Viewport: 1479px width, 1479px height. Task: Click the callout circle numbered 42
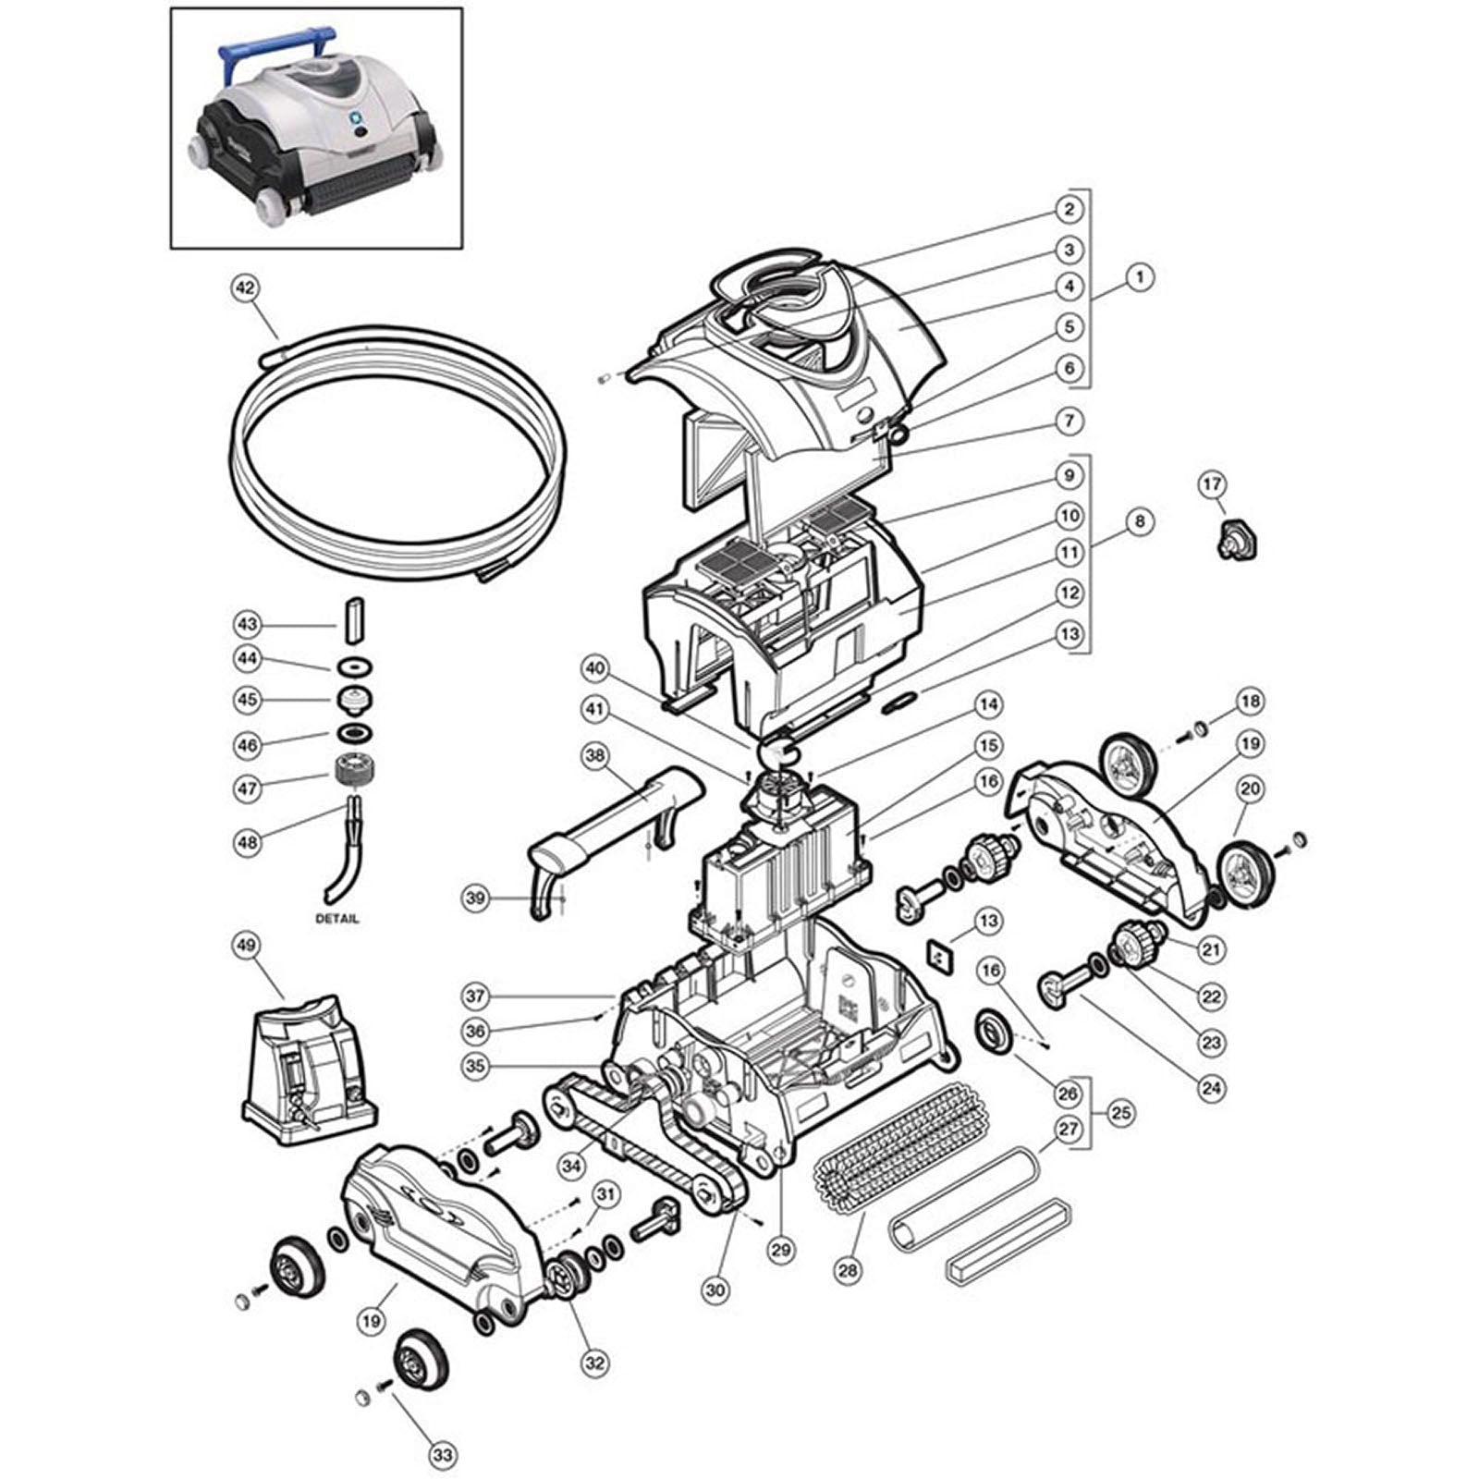coord(244,288)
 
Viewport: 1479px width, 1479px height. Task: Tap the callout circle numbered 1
coord(1141,276)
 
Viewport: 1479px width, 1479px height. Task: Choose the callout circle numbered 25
coord(1120,1112)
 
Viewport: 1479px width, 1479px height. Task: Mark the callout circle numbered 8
coord(1140,521)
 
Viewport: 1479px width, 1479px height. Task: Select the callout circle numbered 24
coord(1211,1088)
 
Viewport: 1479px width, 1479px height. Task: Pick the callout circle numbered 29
coord(781,1250)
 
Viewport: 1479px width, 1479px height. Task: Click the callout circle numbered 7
coord(1069,422)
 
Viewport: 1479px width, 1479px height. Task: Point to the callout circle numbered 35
coord(476,1066)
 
